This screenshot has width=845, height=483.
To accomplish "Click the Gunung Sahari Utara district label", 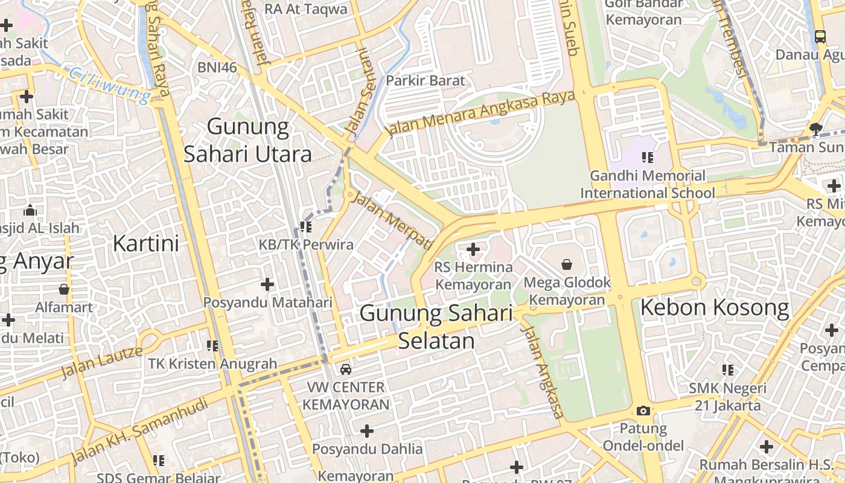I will tap(247, 140).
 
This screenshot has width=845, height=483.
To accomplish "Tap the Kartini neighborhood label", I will tap(146, 243).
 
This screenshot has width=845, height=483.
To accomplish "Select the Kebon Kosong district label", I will tap(714, 308).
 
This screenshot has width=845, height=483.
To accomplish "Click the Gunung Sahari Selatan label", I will tap(436, 327).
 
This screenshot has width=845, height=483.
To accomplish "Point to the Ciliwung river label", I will tap(109, 85).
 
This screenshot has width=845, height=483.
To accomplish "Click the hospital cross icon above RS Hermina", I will tap(473, 249).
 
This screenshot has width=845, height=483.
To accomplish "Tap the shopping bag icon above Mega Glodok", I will tap(567, 264).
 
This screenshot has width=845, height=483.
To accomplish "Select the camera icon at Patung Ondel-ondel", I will tap(643, 411).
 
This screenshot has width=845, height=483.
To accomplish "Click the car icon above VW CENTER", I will tap(346, 369).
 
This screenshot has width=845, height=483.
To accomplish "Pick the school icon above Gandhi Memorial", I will tap(648, 158).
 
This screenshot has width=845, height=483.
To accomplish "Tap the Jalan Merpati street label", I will tap(392, 220).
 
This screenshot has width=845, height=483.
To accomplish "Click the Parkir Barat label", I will tap(426, 80).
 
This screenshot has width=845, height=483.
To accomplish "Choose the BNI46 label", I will tap(217, 67).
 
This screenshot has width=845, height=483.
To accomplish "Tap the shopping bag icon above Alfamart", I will tap(64, 289).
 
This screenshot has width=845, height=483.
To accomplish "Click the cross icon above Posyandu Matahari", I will tap(267, 284).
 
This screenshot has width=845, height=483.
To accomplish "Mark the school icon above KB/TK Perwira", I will tap(306, 227).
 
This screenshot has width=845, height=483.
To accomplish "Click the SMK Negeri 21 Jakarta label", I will tap(727, 397).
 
